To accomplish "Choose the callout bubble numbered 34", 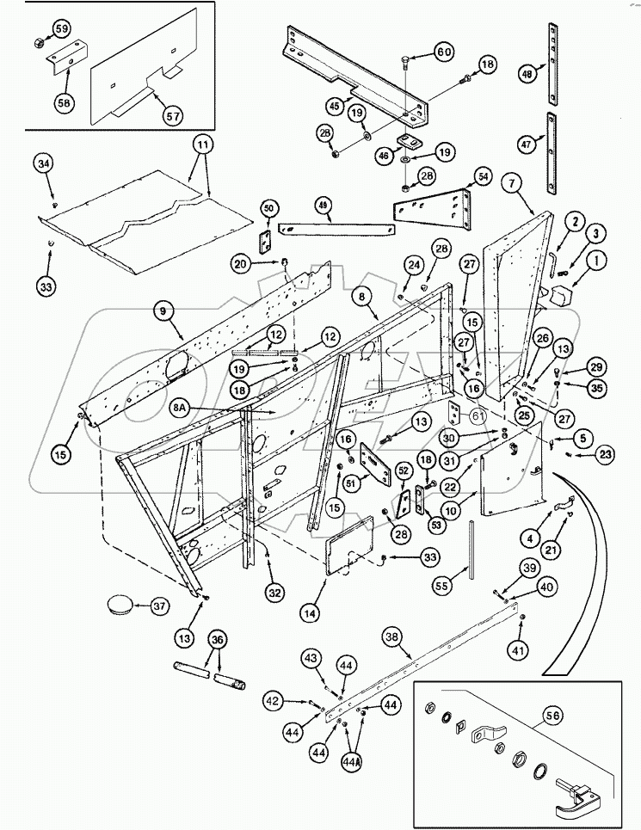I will [x=46, y=163].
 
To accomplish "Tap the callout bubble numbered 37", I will [x=159, y=606].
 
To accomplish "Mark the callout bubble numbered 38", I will [x=392, y=638].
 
